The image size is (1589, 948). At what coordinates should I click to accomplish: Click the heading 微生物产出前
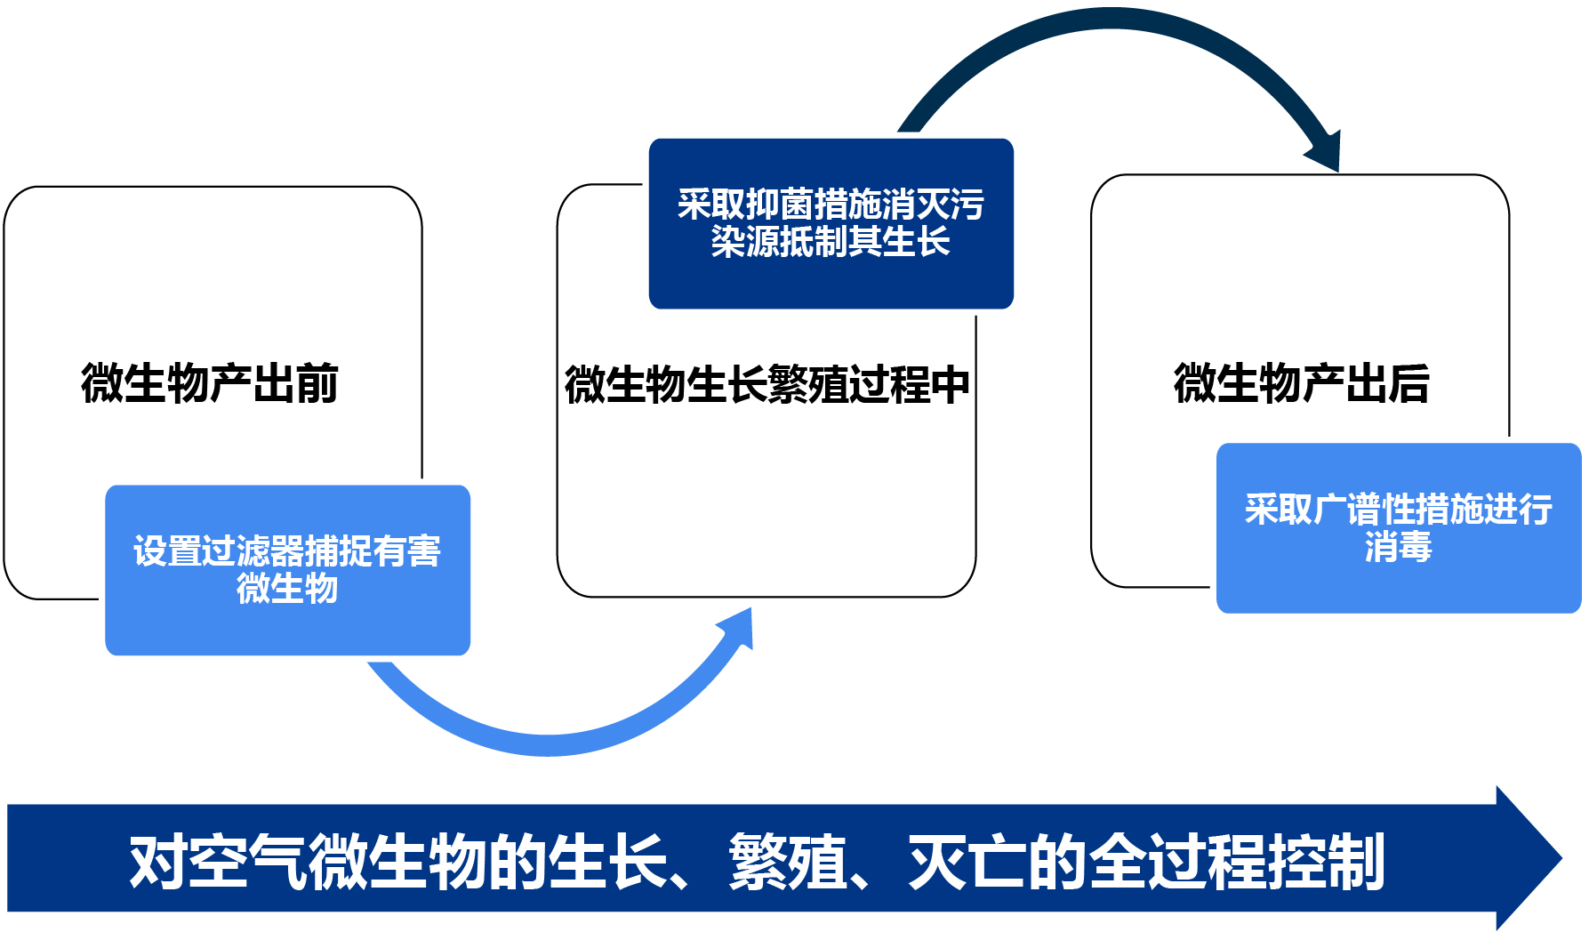click(210, 384)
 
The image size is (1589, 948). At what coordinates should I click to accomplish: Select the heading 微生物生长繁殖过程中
click(766, 385)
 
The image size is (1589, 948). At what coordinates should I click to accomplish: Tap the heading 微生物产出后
click(1301, 384)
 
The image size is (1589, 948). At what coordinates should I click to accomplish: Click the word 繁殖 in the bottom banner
click(788, 862)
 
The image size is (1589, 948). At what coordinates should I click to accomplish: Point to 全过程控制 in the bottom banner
click(1236, 862)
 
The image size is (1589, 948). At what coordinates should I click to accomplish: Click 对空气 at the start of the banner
click(218, 862)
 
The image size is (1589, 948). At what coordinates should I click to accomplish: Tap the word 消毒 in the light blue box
click(1398, 547)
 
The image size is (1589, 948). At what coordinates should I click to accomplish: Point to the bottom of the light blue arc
click(549, 745)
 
